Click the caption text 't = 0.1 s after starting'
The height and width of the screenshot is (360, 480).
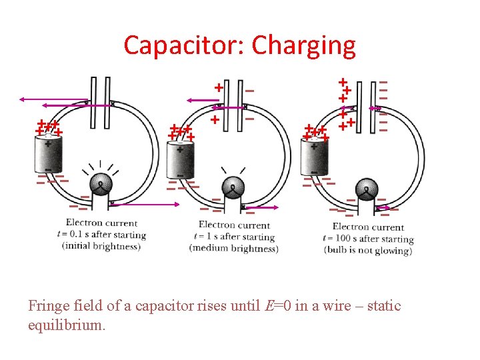point(103,235)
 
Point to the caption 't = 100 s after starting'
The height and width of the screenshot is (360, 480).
point(373,239)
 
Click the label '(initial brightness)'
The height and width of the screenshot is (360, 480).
point(101,246)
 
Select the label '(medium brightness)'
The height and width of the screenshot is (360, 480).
point(233,249)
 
